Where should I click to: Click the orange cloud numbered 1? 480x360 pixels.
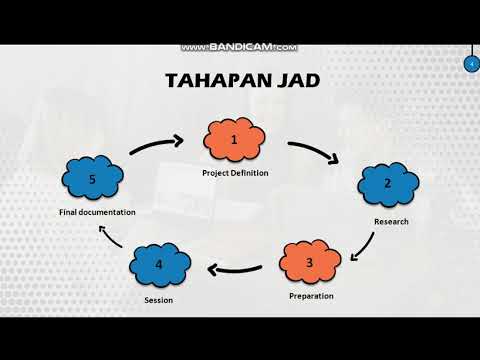coord(235,142)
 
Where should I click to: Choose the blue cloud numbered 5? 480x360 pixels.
coord(92,179)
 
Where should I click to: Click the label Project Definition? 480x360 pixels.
coord(235,174)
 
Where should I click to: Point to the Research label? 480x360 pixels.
coord(391,220)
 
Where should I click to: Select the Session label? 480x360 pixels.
coord(159,300)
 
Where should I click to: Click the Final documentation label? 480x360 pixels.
coord(97,212)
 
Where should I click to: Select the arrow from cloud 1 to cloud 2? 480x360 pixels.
coord(317,153)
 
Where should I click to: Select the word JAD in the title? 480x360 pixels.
coord(296,79)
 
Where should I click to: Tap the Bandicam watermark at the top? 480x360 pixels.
coord(240,47)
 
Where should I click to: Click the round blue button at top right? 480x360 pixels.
coord(471,64)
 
